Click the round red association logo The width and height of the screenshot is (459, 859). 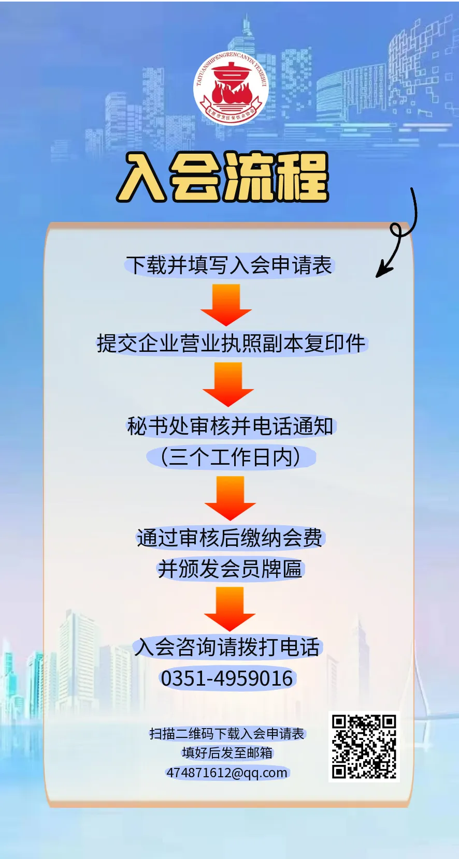tap(231, 88)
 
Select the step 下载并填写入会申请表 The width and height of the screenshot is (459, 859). tap(229, 265)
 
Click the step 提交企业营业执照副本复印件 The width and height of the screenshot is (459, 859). tap(231, 344)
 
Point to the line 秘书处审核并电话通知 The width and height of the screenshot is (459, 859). tap(231, 426)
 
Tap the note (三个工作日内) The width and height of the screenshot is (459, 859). tap(231, 457)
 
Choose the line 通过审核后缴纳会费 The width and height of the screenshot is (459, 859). tap(229, 538)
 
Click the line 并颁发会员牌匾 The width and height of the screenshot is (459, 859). tap(229, 569)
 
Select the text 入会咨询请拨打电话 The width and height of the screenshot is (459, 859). tap(227, 647)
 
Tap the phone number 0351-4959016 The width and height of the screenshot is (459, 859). tap(227, 678)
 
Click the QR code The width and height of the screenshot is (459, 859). tap(364, 747)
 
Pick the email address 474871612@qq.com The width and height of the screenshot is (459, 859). tap(227, 773)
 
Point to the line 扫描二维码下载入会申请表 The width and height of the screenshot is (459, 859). tap(227, 734)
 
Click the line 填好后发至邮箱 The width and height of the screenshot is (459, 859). tap(227, 753)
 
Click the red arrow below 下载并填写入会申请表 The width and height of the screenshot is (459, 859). tap(226, 305)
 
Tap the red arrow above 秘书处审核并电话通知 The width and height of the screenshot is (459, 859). tap(228, 384)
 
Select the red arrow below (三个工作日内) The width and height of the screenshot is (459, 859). tap(230, 498)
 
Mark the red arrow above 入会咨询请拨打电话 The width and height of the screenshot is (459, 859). tap(229, 609)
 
